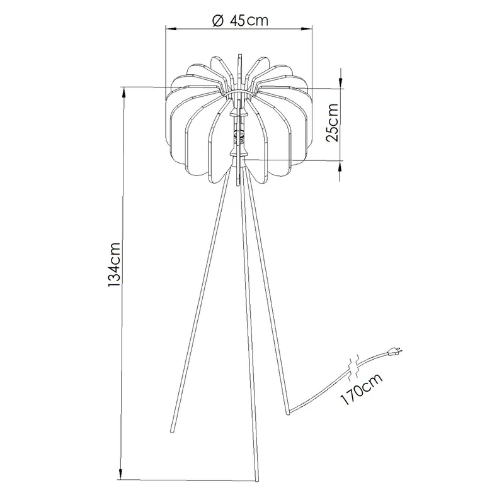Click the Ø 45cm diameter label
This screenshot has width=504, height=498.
[240, 21]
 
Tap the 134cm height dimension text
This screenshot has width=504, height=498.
[115, 265]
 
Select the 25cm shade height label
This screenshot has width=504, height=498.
[333, 123]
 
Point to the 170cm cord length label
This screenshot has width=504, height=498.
[361, 389]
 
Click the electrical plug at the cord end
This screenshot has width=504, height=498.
[395, 352]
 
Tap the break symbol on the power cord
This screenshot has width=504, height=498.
[355, 365]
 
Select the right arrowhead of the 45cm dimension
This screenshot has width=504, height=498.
[307, 29]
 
